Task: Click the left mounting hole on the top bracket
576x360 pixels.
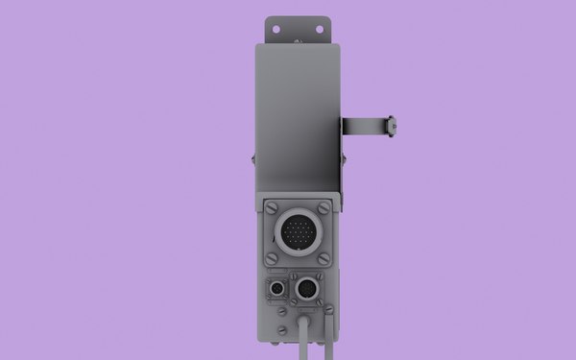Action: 276,29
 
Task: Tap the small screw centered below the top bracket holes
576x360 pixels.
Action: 298,40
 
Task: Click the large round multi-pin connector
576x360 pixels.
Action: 298,231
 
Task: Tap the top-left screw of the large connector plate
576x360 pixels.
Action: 272,206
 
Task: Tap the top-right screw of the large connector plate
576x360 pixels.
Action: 324,206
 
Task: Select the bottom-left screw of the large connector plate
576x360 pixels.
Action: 272,258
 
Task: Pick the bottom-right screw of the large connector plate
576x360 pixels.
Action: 324,258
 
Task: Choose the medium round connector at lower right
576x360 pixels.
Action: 307,289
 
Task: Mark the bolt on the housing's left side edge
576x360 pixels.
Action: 252,158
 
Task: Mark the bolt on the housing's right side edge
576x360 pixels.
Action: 344,158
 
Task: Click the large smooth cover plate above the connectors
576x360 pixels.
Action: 298,115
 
